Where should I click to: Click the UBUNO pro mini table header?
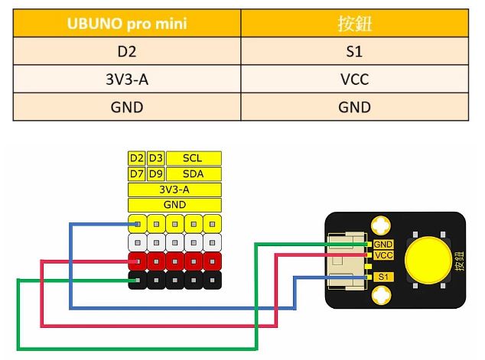(x=127, y=24)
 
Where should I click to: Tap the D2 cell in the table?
(x=127, y=54)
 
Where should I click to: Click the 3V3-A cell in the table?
(x=127, y=79)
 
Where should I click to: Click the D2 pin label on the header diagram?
(x=136, y=158)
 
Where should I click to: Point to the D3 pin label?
(x=155, y=158)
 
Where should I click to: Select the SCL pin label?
(x=194, y=158)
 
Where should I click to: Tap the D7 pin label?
(x=136, y=174)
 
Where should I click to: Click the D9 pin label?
(x=155, y=174)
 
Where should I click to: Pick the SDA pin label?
(x=194, y=174)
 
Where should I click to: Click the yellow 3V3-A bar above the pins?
(x=174, y=189)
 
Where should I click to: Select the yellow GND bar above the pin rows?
(x=174, y=204)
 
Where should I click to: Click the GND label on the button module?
(x=383, y=244)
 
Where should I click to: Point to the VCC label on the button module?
(x=383, y=255)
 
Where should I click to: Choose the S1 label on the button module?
(x=383, y=275)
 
